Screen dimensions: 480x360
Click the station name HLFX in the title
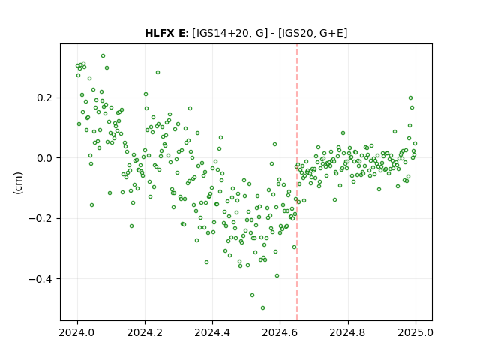point(159,33)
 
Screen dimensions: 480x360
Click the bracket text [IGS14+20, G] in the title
point(228,33)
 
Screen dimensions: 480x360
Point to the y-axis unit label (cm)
point(18,183)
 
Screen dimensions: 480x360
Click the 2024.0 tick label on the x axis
point(77,332)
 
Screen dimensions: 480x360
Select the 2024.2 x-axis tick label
point(145,332)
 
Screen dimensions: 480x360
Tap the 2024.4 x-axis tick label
point(212,332)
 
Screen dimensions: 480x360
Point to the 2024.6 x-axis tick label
point(280,332)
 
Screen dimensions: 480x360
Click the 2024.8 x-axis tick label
point(348,332)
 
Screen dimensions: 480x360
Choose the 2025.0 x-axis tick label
point(415,332)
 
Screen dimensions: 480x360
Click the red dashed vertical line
point(297,182)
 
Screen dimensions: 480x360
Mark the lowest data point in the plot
point(262,308)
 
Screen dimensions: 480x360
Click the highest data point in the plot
point(103,56)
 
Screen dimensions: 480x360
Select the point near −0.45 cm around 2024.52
point(252,295)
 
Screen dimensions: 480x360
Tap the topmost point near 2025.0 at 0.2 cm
point(410,98)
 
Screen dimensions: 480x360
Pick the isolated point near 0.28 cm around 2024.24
point(157,73)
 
